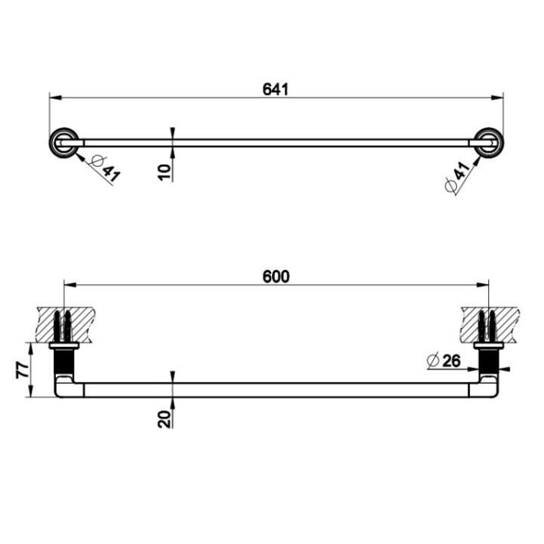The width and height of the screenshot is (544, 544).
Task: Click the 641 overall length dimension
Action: coord(276,89)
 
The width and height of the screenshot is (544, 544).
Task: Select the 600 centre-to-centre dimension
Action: coord(276,277)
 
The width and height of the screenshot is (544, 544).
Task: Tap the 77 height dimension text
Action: coord(22,370)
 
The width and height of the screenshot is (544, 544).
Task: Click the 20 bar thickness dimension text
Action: coord(164,417)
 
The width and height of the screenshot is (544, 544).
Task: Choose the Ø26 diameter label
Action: coord(444,361)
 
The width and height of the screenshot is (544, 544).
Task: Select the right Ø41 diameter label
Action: coord(459,177)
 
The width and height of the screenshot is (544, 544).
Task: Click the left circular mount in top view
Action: coord(61,142)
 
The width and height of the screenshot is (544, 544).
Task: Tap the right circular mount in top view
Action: coord(486,142)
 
